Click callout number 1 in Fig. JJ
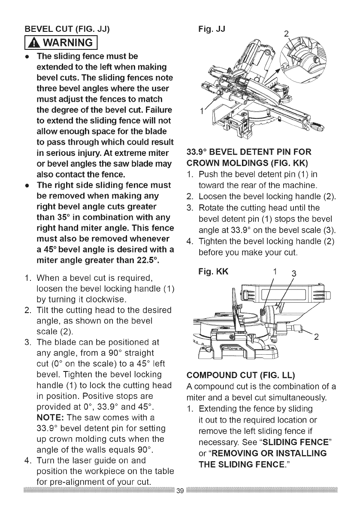coord(200,112)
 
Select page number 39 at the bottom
coord(180,503)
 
